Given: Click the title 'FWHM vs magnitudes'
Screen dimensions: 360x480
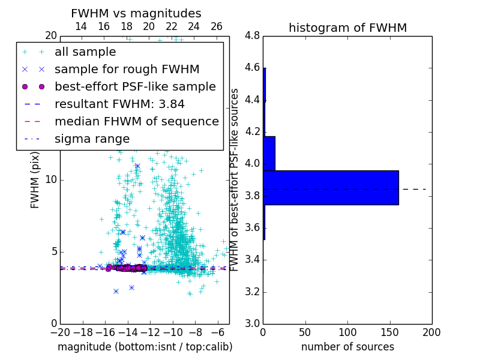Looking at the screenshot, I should (136, 13).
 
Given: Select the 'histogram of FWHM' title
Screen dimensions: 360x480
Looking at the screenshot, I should (347, 28).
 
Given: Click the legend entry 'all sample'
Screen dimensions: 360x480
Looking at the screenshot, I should (85, 52).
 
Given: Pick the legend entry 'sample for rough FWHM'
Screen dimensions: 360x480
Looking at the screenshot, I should (127, 69).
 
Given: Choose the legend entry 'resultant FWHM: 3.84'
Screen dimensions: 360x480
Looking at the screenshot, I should (119, 104).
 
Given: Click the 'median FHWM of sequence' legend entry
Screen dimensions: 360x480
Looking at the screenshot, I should (136, 121).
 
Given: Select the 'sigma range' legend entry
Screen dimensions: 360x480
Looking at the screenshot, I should (92, 139).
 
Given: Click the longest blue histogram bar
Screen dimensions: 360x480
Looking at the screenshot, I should (331, 188).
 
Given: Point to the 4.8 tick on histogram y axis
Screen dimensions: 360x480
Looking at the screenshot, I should (252, 36).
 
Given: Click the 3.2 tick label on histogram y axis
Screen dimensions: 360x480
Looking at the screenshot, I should (252, 292).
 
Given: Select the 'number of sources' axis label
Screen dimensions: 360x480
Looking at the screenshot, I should (347, 347).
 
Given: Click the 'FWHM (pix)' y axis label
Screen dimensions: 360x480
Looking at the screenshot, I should (35, 179).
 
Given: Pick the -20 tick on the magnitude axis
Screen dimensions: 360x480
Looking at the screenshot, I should (60, 332).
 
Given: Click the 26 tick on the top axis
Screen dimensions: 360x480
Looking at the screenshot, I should (217, 26).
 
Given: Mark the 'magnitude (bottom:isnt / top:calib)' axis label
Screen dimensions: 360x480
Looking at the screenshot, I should (145, 347).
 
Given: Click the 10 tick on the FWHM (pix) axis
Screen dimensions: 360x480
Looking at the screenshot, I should (50, 180).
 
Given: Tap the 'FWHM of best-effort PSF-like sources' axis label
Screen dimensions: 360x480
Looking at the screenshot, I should (235, 179).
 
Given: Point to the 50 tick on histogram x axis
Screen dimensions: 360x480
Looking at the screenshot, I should (305, 332).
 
